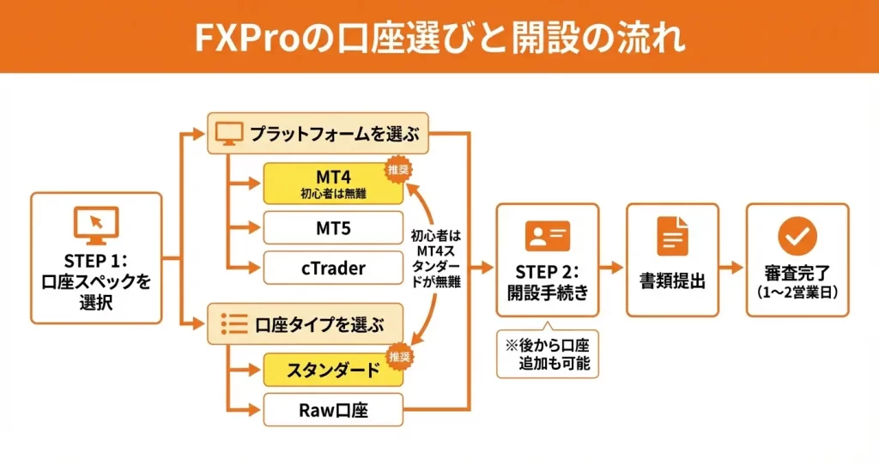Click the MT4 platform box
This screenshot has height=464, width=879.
tap(333, 183)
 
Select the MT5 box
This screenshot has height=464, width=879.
tap(333, 228)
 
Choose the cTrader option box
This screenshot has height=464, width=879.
tap(333, 268)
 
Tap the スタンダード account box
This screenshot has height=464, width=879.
tap(333, 371)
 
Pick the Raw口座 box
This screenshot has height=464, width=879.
tap(333, 411)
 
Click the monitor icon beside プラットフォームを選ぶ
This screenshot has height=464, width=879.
tap(228, 135)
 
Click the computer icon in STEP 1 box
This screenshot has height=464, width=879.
tap(95, 225)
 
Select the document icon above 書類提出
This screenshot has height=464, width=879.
tap(672, 235)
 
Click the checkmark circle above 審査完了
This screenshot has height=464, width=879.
tap(797, 233)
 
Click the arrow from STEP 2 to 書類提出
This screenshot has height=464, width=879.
tap(611, 268)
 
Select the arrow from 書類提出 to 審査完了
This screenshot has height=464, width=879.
tap(731, 268)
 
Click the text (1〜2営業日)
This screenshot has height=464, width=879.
tap(797, 292)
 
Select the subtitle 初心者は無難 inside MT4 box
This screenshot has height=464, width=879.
tap(333, 195)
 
